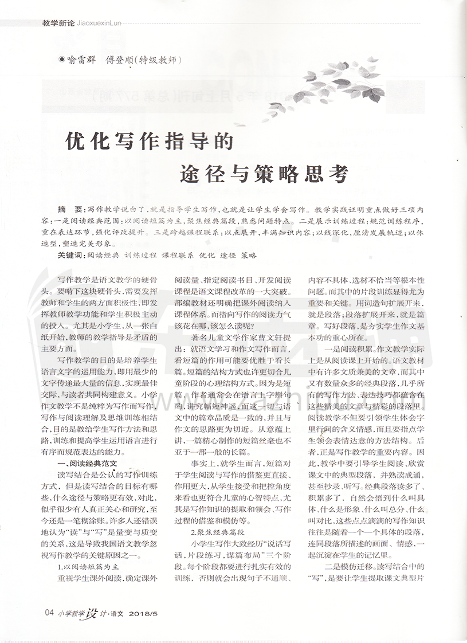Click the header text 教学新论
(59, 23)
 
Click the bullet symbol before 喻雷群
(62, 60)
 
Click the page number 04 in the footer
(49, 613)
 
